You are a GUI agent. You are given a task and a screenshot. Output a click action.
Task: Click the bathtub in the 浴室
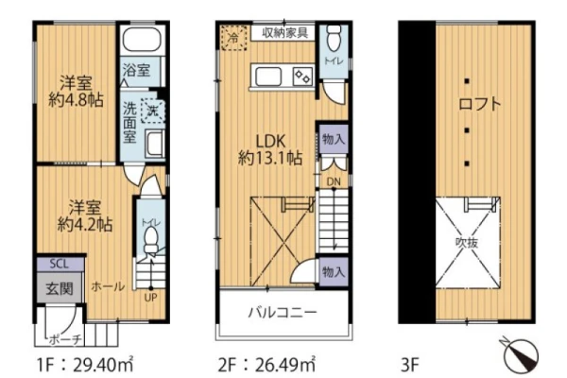tap(142, 40)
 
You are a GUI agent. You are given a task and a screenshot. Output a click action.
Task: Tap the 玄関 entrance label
tap(60, 288)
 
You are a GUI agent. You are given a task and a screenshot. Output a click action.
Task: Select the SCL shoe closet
tap(60, 264)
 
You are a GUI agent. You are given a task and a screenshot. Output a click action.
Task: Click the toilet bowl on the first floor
tap(151, 242)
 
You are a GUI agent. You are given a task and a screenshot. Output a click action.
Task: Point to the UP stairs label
tap(151, 298)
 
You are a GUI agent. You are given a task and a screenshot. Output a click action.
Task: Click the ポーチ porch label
tap(65, 339)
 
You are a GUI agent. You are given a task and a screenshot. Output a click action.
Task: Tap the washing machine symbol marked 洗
tap(152, 111)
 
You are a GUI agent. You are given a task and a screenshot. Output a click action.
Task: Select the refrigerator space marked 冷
tap(234, 37)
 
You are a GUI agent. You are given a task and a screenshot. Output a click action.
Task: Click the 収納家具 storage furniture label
tap(285, 33)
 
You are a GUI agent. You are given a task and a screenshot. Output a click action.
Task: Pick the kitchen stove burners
tap(303, 77)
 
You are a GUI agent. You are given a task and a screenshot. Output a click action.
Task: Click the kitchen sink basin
tap(268, 77)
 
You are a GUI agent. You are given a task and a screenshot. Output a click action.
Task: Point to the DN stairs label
tap(334, 181)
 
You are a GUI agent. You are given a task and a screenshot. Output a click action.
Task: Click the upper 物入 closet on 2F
tap(333, 139)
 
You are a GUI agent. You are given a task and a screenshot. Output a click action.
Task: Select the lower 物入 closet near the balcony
tap(333, 271)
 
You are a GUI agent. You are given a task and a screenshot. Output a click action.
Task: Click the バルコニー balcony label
tap(283, 312)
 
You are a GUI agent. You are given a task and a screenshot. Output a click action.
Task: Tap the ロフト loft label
tap(480, 104)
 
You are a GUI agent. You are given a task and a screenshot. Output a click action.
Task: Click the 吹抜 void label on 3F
tap(467, 242)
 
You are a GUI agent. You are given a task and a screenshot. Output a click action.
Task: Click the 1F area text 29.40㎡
tap(103, 365)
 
